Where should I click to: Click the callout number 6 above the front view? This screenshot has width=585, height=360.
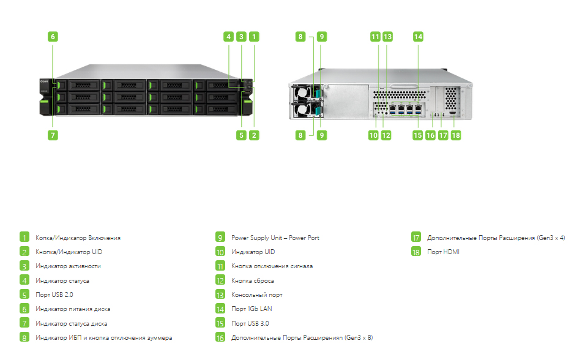53,37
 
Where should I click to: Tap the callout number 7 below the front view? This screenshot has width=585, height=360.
53,135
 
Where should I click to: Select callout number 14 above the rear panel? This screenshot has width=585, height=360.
418,37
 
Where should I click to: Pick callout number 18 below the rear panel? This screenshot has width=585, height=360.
455,135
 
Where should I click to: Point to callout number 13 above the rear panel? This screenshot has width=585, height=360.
387,37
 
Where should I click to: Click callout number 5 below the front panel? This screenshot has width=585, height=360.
241,135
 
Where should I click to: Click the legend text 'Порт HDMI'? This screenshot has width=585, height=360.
443,252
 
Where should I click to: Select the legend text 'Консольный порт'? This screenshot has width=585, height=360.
256,295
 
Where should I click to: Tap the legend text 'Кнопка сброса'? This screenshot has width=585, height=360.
253,281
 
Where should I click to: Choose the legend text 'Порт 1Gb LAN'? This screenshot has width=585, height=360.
252,309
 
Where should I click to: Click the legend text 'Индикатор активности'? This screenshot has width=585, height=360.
69,266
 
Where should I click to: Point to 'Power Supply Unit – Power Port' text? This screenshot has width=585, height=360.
275,238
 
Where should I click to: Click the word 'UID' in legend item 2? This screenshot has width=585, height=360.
97,252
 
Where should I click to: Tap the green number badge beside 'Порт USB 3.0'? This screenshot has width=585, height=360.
220,323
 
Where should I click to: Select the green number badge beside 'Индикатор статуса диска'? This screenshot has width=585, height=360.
24,323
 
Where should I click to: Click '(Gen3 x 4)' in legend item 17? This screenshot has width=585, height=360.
551,238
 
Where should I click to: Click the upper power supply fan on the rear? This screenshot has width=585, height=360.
303,92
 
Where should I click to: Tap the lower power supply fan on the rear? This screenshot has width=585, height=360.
303,110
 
